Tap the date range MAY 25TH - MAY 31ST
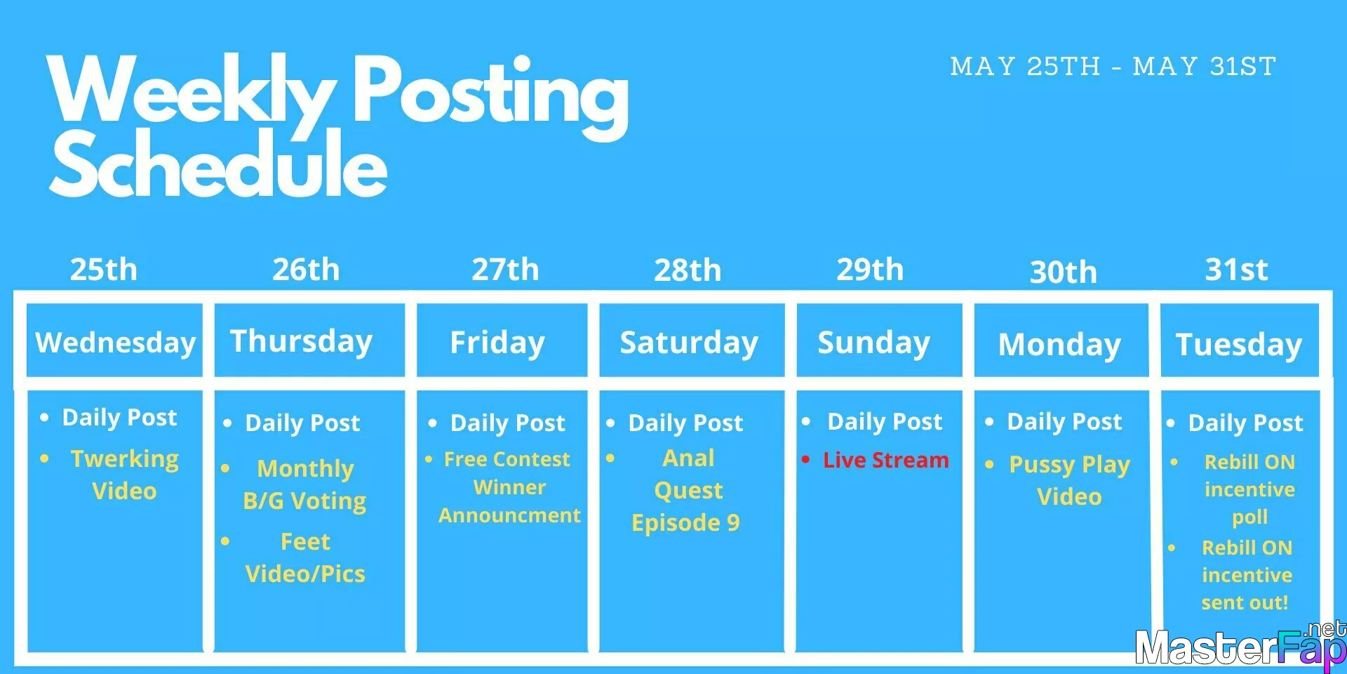1113,67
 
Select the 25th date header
104,270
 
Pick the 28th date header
688,270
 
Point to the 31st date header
1236,270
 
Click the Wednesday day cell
115,341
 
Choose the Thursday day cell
309,341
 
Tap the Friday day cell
502,341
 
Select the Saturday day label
689,343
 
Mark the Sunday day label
874,343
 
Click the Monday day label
1059,345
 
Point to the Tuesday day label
1239,345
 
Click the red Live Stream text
885,460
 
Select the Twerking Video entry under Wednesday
125,475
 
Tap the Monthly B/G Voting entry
304,484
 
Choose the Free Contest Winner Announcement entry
509,487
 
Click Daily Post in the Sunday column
885,421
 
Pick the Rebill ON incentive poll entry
1249,489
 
